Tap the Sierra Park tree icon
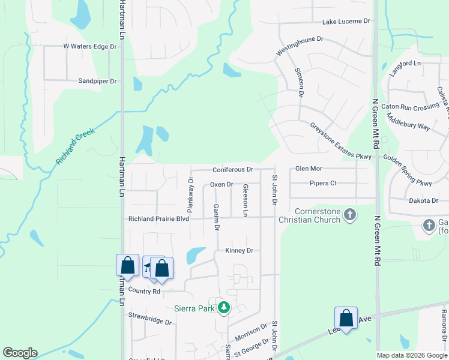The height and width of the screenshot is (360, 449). [x=224, y=308]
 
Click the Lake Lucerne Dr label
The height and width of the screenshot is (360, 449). [x=346, y=22]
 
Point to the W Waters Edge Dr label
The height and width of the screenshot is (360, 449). [x=89, y=46]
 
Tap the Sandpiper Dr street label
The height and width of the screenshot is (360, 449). [x=97, y=80]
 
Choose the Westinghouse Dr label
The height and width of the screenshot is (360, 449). [x=300, y=46]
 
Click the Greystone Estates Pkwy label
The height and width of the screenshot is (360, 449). [x=341, y=141]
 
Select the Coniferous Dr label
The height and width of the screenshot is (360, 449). [x=232, y=170]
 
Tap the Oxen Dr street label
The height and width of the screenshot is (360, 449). [x=221, y=184]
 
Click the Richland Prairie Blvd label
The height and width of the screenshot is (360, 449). [x=158, y=219]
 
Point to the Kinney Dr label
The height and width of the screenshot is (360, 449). [x=239, y=250]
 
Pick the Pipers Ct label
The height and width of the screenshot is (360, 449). [x=323, y=183]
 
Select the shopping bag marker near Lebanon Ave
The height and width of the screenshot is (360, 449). [x=346, y=318]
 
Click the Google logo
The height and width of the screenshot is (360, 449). [x=20, y=353]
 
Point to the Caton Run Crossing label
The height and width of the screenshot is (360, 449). [x=414, y=107]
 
